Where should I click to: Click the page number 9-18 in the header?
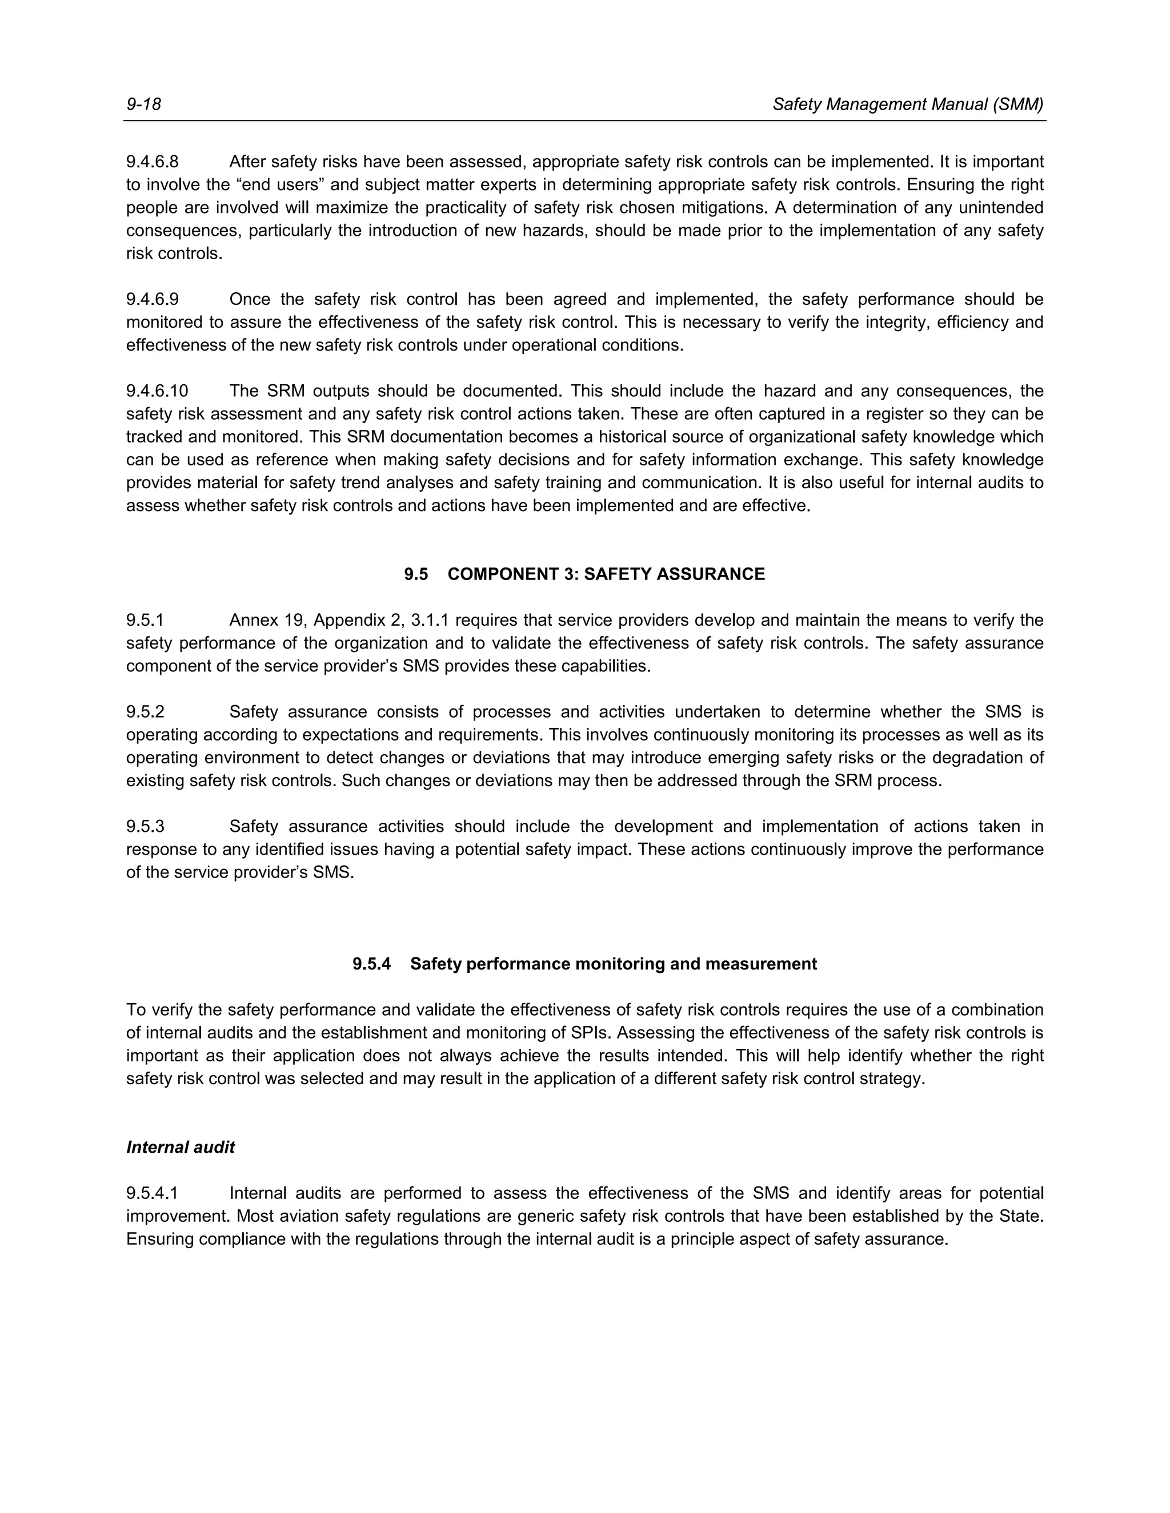tap(143, 104)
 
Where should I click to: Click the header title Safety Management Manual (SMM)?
tap(907, 104)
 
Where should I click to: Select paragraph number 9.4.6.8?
tap(153, 162)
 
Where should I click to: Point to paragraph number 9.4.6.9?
tap(153, 299)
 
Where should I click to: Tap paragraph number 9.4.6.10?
tap(157, 392)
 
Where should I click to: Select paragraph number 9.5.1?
tap(145, 620)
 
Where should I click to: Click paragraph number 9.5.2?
tap(145, 711)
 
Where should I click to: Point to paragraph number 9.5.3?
tap(145, 827)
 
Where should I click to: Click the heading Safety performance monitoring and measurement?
tap(614, 964)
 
